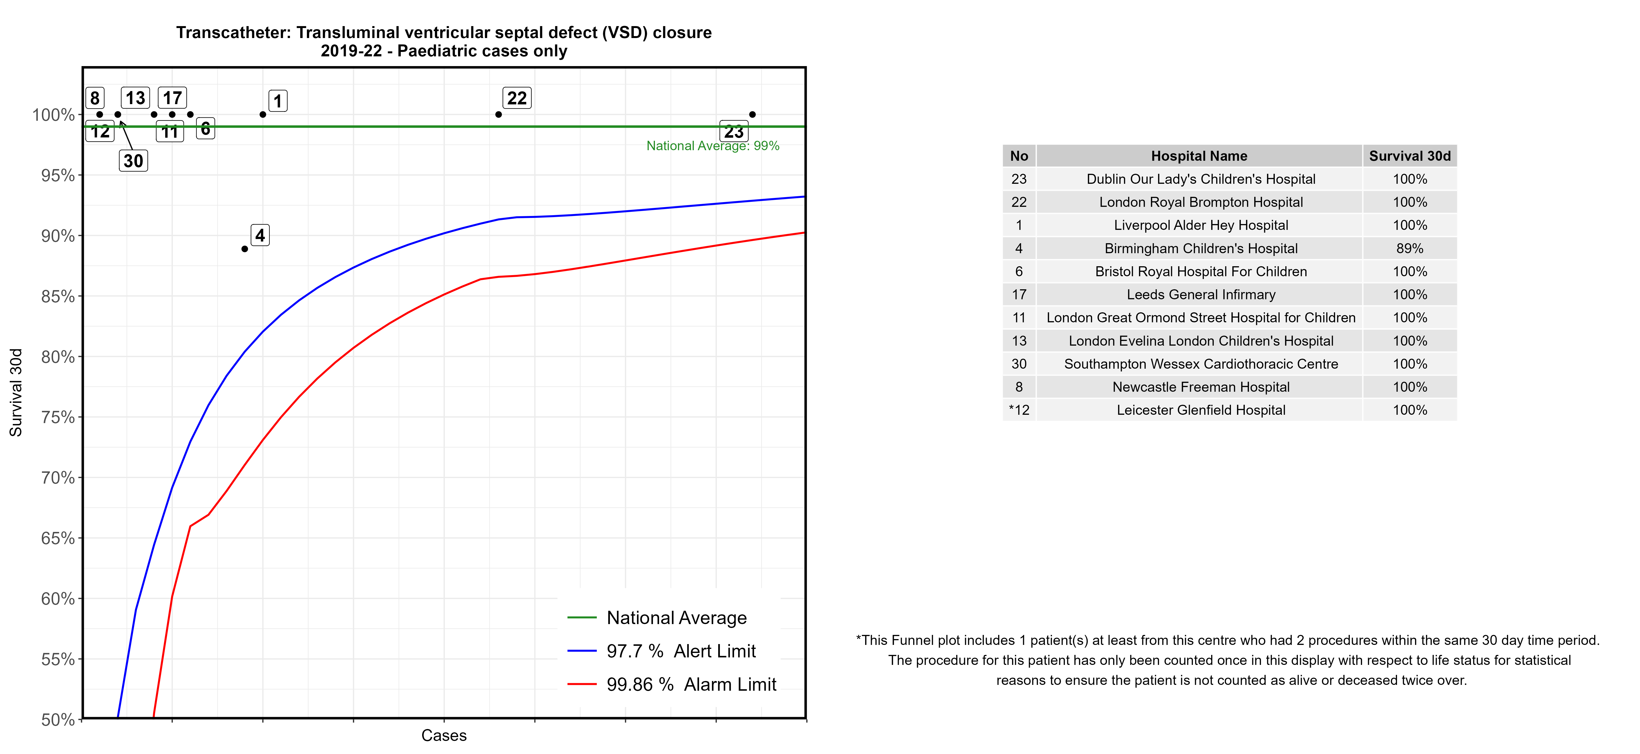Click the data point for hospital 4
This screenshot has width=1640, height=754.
(244, 249)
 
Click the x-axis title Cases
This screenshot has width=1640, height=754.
(444, 736)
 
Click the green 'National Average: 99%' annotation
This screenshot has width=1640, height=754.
(712, 146)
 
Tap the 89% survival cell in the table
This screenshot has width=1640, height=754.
(1409, 248)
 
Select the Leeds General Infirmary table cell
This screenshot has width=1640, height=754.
(1201, 295)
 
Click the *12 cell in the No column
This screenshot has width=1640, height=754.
(1019, 410)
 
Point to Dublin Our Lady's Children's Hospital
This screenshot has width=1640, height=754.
(1201, 179)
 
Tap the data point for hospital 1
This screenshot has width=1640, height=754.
(263, 115)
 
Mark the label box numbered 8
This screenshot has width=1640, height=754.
(95, 98)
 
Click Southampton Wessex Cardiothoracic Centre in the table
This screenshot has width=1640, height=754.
(1201, 364)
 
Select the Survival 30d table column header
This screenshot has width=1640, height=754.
(1409, 156)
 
